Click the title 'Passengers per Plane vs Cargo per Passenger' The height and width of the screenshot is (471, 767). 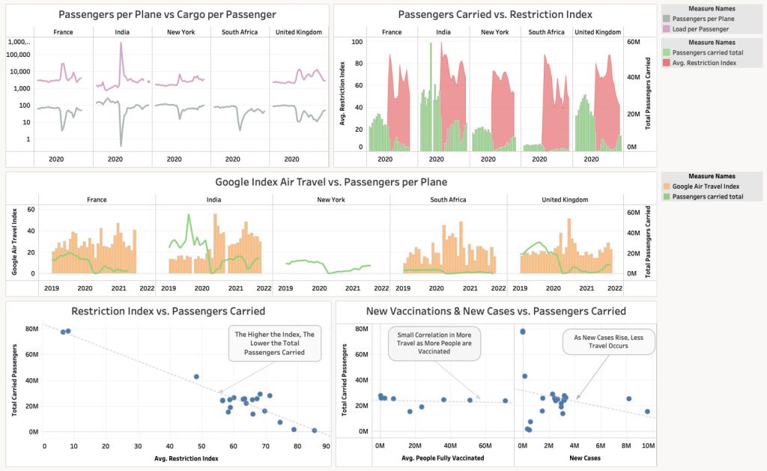tap(167, 14)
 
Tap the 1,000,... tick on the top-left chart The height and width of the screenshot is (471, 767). tap(19, 43)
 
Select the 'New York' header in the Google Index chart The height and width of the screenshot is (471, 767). tap(331, 200)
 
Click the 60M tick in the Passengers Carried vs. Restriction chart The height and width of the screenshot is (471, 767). tap(631, 43)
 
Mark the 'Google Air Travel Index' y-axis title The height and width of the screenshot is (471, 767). tap(13, 241)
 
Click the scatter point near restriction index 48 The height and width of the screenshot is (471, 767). tap(196, 377)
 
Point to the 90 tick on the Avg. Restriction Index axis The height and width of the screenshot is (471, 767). tap(327, 446)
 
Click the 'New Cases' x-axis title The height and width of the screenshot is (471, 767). tap(583, 458)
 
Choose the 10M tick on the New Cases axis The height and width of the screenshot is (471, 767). tap(649, 446)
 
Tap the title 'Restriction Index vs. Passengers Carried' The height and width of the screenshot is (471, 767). tap(168, 311)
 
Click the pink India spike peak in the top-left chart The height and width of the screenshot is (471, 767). tap(121, 43)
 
